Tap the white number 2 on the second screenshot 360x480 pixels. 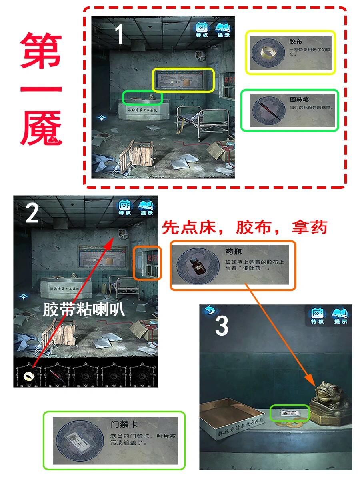[x=32, y=215]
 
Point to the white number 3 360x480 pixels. [x=222, y=326]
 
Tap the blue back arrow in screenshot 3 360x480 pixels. [x=208, y=310]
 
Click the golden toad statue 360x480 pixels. [x=329, y=400]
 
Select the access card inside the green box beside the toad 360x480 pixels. [x=290, y=412]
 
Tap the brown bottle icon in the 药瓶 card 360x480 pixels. [x=195, y=265]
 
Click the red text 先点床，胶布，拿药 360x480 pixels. [x=244, y=227]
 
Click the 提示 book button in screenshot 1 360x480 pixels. [x=223, y=30]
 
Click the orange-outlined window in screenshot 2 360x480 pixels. [x=147, y=263]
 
